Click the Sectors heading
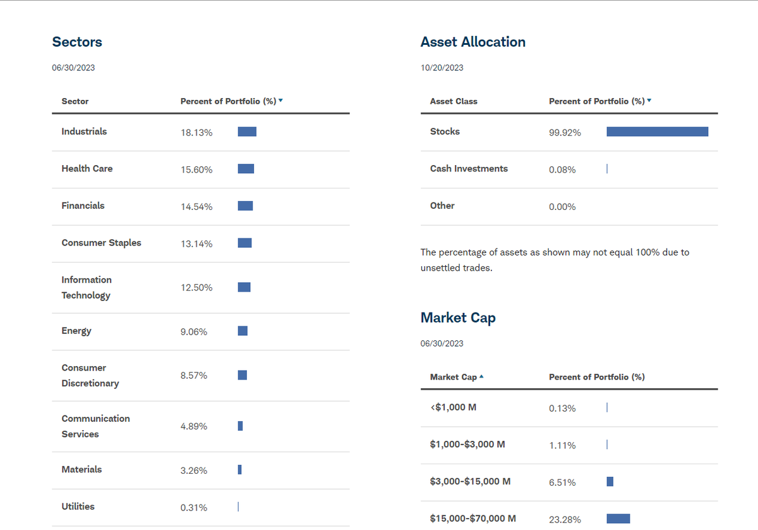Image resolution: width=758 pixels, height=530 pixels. tap(77, 42)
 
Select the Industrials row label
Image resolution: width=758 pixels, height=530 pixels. tap(84, 132)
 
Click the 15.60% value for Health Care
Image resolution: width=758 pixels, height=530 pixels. tap(196, 170)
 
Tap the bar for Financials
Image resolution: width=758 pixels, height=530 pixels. tap(245, 206)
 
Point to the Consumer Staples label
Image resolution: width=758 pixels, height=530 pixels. tap(101, 243)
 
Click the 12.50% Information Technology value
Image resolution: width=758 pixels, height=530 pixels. tap(196, 288)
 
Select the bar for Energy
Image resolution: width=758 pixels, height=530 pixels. tap(243, 331)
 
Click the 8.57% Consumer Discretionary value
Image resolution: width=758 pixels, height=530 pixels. tap(194, 376)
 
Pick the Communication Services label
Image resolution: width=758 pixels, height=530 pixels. tap(95, 426)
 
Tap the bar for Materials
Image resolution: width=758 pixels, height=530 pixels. tap(240, 469)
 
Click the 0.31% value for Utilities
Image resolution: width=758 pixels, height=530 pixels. tap(194, 508)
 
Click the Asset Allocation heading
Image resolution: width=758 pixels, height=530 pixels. tap(472, 42)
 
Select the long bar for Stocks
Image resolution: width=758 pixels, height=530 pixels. tap(657, 132)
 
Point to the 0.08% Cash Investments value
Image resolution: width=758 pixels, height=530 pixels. tap(562, 170)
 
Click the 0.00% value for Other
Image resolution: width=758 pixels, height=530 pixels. tap(562, 207)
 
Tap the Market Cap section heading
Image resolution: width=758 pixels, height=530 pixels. tap(458, 317)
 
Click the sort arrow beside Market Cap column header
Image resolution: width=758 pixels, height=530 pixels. tap(482, 377)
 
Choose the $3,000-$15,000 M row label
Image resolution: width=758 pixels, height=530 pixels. tap(470, 481)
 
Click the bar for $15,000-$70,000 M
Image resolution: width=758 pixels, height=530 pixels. tap(618, 519)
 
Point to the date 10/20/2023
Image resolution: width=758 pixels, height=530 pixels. tap(442, 68)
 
